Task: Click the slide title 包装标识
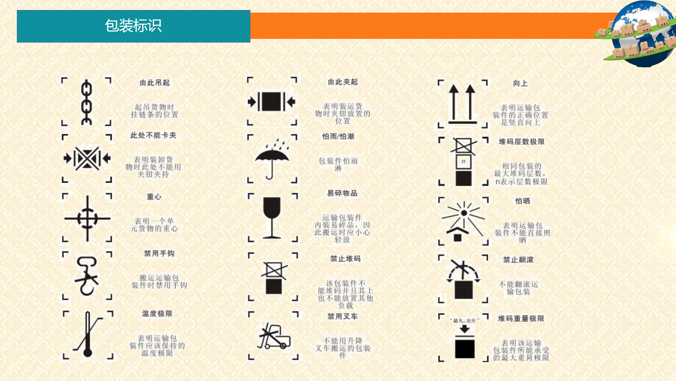click(x=133, y=26)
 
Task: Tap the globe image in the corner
click(x=637, y=33)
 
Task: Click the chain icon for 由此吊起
click(x=87, y=102)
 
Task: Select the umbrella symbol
click(x=272, y=159)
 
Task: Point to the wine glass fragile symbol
click(x=272, y=218)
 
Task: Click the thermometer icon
click(x=87, y=334)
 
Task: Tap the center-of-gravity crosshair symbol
click(x=87, y=219)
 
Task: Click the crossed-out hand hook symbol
click(x=87, y=276)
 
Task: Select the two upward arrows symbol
click(x=462, y=104)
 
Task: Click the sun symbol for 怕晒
click(x=463, y=222)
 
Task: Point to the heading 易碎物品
click(x=342, y=193)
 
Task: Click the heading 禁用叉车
click(x=342, y=316)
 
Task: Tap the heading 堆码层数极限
click(x=521, y=142)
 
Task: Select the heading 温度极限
click(x=157, y=314)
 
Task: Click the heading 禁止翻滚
click(x=518, y=260)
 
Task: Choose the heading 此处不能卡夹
click(x=153, y=135)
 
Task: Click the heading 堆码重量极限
click(x=521, y=318)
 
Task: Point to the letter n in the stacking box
click(x=463, y=161)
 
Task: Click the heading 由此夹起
click(x=343, y=81)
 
